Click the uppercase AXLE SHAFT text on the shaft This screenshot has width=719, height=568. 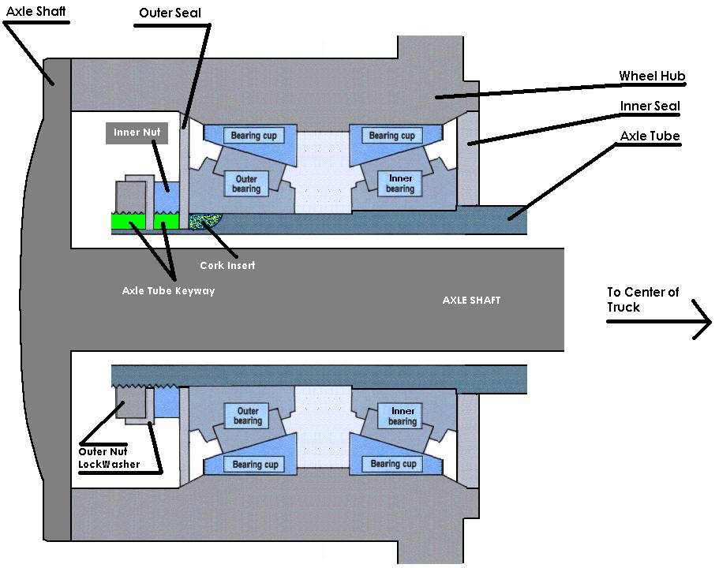[x=470, y=300]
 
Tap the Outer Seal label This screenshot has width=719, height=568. [x=169, y=13]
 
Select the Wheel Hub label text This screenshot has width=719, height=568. [x=651, y=77]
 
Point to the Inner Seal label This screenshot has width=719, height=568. [x=650, y=106]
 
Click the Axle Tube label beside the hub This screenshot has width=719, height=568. [x=650, y=136]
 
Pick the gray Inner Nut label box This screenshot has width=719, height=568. [x=137, y=133]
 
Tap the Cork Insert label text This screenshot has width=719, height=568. [x=227, y=265]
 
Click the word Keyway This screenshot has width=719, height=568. [x=193, y=290]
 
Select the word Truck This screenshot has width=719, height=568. [x=624, y=306]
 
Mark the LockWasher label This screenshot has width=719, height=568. [x=109, y=464]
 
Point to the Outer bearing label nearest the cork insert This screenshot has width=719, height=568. [x=245, y=184]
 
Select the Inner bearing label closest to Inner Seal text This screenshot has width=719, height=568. [x=400, y=184]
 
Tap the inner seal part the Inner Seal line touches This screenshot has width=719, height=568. [x=470, y=142]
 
